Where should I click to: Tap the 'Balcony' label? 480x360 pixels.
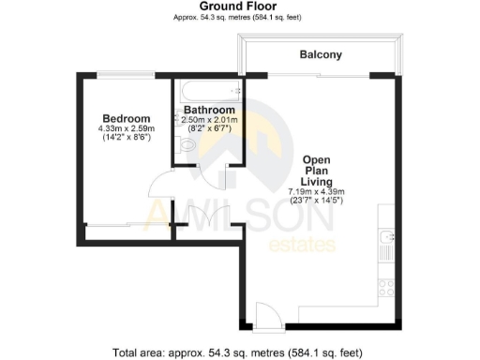pos(321,55)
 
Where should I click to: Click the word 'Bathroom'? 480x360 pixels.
pos(208,110)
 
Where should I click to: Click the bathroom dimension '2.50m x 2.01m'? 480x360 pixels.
pos(208,120)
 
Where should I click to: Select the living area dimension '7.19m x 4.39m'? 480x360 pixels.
pos(315,191)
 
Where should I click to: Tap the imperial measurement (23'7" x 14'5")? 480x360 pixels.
pos(315,201)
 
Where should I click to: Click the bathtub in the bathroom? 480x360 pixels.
pos(208,92)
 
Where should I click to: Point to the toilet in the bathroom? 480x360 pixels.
pos(184,146)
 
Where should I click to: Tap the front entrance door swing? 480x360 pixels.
pos(263,318)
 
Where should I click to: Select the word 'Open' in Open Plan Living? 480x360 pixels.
pos(315,159)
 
